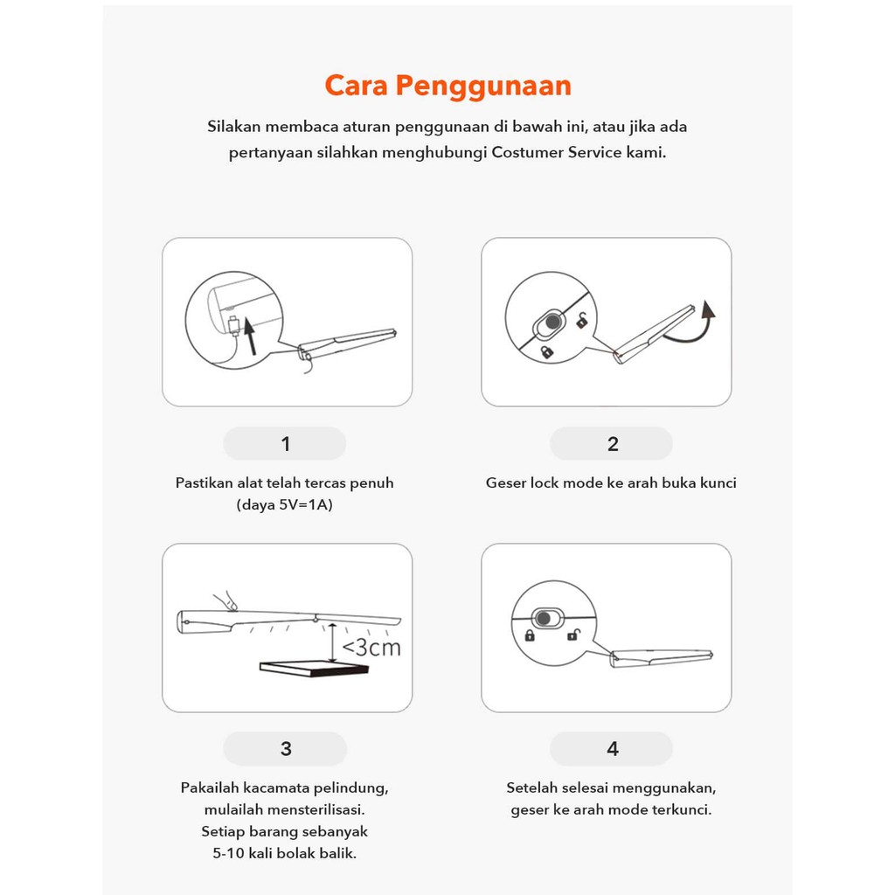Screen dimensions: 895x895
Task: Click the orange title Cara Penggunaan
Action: click(447, 86)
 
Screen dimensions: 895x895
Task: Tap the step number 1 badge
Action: click(285, 444)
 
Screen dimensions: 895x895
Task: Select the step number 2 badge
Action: click(612, 444)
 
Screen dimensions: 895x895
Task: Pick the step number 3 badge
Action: click(285, 749)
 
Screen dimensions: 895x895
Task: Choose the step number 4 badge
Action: click(612, 749)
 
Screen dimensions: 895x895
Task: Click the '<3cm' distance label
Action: click(371, 648)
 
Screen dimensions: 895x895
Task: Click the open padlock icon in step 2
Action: click(582, 321)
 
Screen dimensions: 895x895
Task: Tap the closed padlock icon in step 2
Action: click(546, 351)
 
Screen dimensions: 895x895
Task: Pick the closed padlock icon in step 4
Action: click(530, 635)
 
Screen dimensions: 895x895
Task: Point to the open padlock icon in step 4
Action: click(572, 635)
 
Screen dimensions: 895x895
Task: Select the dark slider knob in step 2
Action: click(552, 323)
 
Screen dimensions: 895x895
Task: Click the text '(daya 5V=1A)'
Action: click(284, 506)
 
